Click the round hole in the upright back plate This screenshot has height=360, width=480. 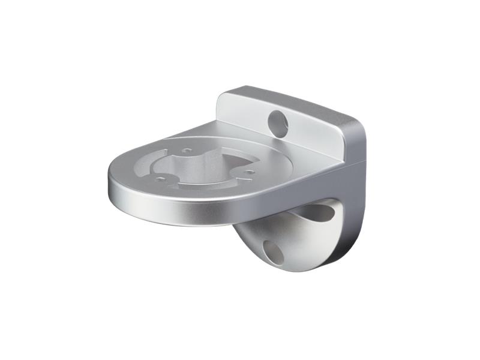point(278,122)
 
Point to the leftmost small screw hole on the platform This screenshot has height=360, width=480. point(160,178)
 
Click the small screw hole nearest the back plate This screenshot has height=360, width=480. point(187,150)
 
